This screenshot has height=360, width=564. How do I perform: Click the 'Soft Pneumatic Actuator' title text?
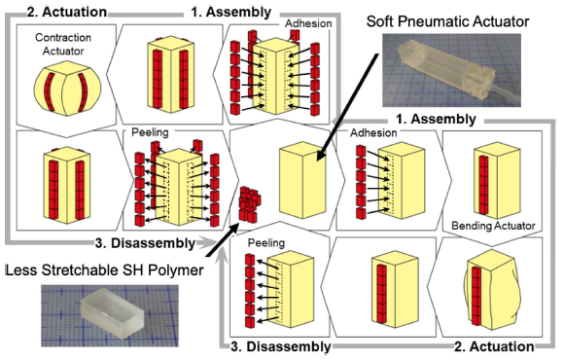447,21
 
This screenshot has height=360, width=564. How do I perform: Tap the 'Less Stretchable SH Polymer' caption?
104,270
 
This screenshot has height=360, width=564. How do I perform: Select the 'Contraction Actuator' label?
63,44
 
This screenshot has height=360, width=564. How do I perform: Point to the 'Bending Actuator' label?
493,226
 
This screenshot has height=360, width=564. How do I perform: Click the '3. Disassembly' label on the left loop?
145,243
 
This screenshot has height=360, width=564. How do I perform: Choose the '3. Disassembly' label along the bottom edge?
281,346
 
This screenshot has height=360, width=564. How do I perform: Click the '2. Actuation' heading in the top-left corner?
67,12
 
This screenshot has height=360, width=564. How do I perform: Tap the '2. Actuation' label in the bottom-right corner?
494,346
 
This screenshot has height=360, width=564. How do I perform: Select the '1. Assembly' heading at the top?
230,12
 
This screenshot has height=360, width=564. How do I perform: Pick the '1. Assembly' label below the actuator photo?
436,119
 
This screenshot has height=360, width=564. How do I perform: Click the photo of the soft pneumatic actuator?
451,71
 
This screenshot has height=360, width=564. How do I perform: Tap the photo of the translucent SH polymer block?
110,315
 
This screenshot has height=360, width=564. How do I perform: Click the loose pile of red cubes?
250,203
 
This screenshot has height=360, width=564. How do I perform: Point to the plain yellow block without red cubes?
302,180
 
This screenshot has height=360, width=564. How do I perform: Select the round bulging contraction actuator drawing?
68,89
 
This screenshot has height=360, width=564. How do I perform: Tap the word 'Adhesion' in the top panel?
308,23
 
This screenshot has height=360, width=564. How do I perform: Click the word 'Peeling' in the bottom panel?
266,243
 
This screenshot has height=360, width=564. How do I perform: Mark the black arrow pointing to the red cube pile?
223,239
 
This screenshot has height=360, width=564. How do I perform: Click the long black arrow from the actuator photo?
348,107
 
